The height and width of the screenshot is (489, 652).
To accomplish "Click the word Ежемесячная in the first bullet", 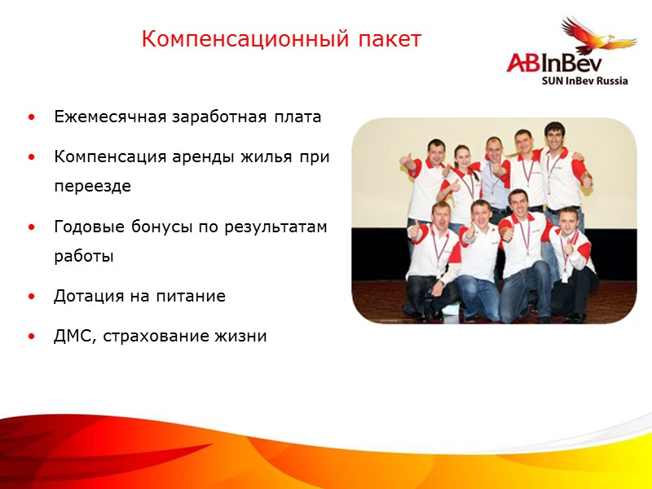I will (104, 117).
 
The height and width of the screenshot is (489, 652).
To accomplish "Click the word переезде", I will (92, 185).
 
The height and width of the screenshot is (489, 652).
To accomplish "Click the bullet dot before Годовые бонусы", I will (31, 227).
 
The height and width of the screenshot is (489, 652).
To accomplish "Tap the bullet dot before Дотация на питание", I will (31, 297).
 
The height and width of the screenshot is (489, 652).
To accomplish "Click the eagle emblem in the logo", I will (599, 37).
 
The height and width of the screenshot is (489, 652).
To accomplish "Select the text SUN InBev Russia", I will (584, 81).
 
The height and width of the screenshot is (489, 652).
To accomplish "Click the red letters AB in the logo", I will (524, 63).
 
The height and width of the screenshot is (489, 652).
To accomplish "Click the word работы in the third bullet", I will (84, 255).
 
